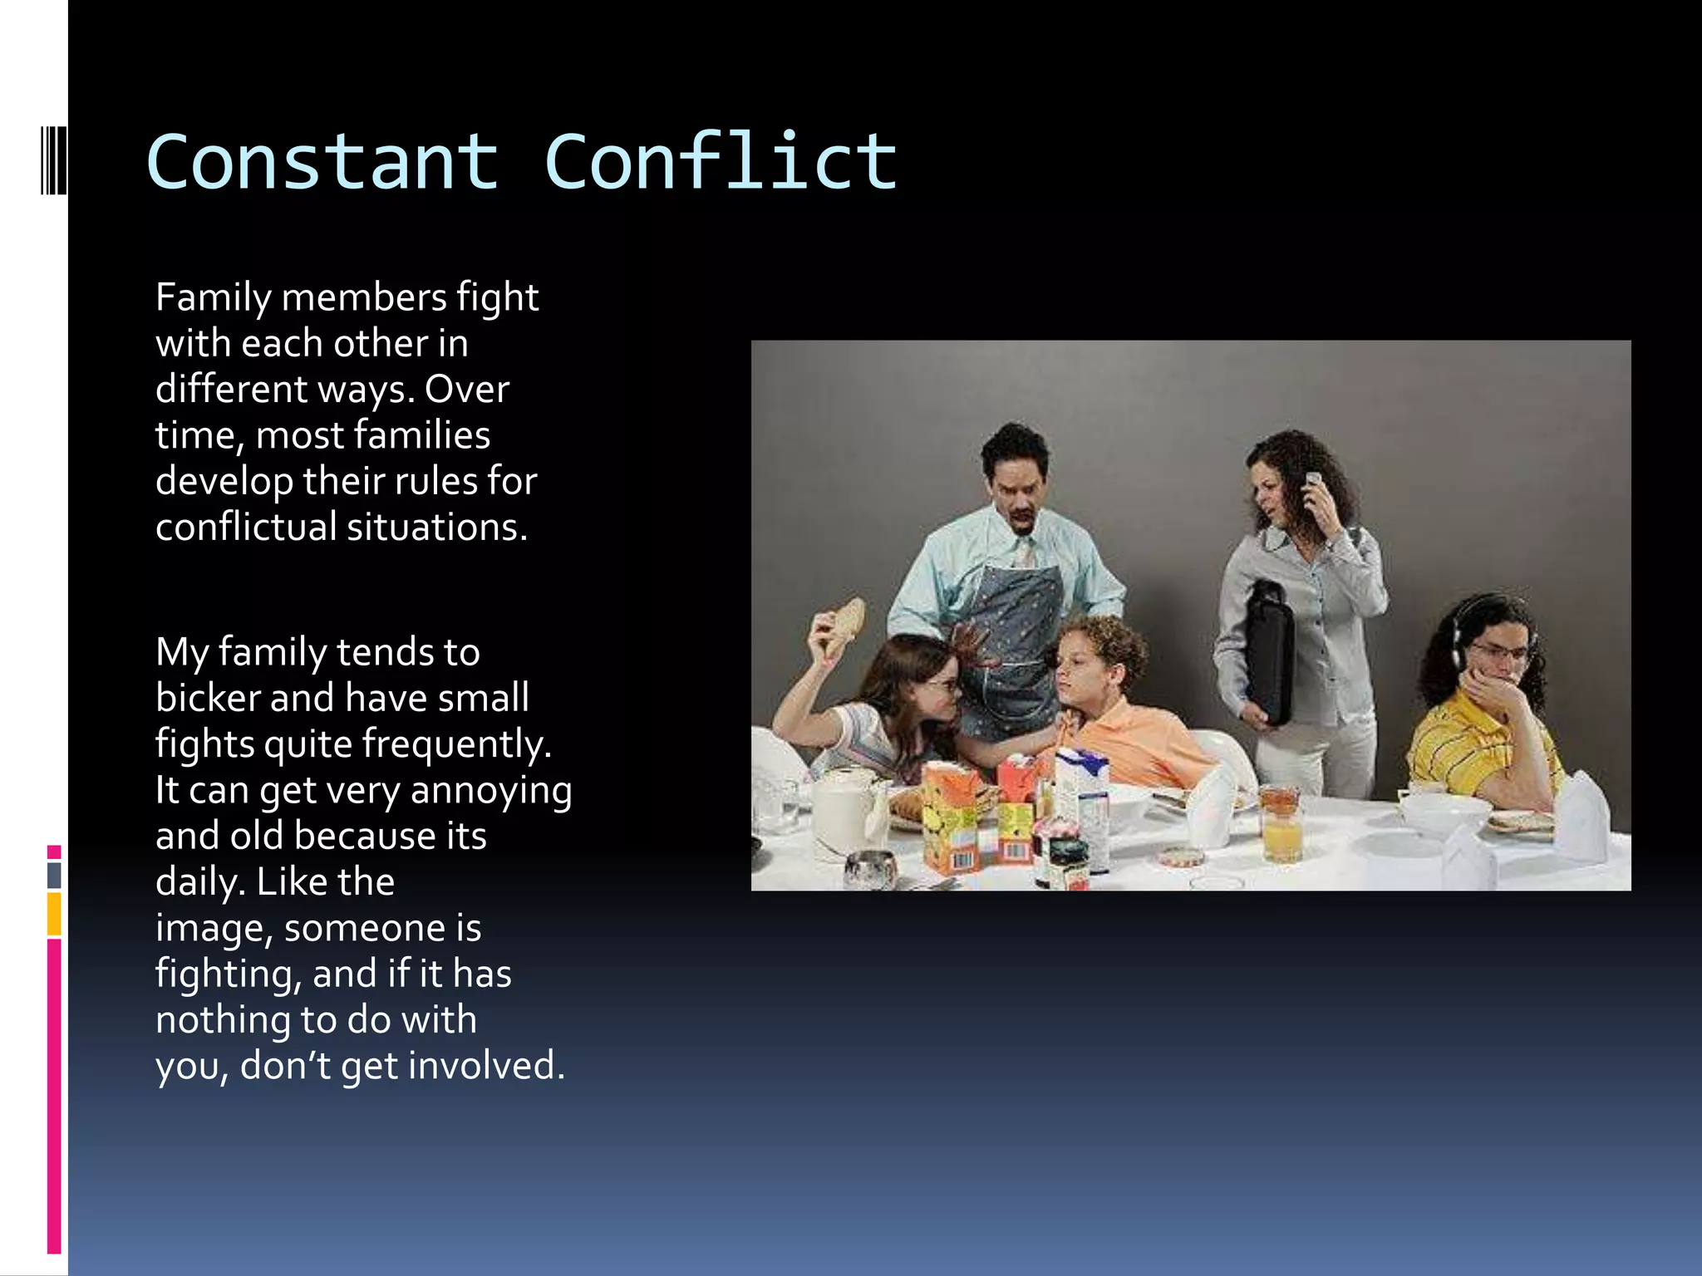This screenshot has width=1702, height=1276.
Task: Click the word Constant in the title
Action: [x=322, y=162]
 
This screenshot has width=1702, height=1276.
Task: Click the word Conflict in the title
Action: [x=721, y=162]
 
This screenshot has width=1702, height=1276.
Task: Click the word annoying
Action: [x=491, y=791]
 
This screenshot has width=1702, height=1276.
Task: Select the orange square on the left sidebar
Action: [x=54, y=913]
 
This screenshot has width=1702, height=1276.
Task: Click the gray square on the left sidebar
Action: [x=54, y=875]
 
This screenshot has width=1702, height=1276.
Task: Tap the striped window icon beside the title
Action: [x=53, y=159]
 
